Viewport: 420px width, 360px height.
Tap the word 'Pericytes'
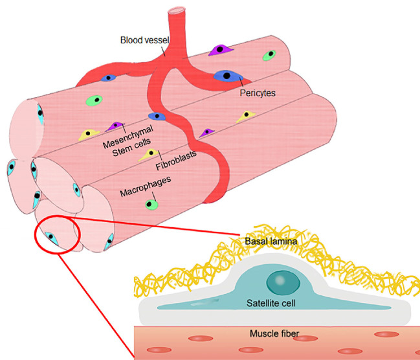[257, 93]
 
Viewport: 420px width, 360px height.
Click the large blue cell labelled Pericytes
[228, 76]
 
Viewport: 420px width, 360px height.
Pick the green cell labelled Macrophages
[151, 205]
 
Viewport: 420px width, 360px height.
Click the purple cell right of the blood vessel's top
[221, 49]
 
